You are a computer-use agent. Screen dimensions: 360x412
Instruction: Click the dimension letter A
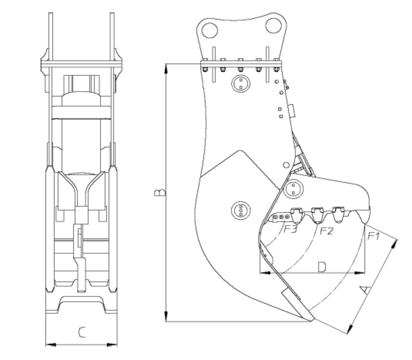(364, 290)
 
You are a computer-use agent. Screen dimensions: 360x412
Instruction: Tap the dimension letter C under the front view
(82, 332)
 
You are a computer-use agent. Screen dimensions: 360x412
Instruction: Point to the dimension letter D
(322, 266)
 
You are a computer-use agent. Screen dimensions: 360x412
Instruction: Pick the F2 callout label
(325, 230)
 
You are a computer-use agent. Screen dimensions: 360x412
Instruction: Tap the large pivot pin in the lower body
(240, 211)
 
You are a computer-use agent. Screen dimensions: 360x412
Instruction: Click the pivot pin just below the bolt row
(241, 84)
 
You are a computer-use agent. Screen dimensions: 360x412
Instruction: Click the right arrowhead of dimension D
(363, 274)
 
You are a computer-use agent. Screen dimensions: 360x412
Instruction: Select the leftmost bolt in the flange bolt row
(205, 69)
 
